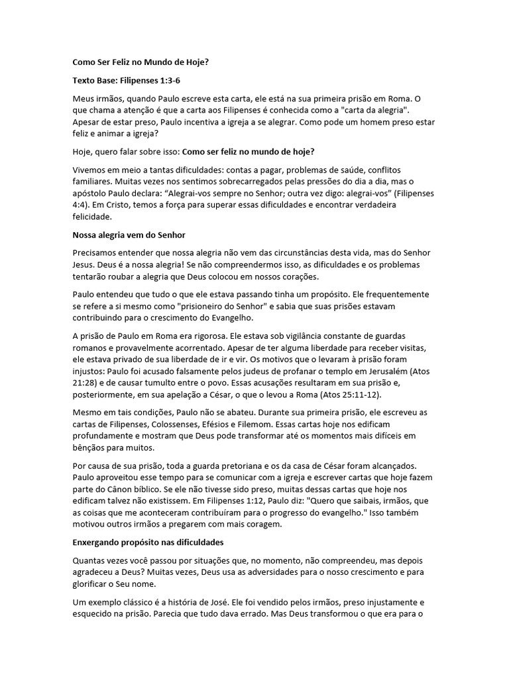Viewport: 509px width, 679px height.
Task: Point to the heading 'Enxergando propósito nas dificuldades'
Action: click(148, 542)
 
